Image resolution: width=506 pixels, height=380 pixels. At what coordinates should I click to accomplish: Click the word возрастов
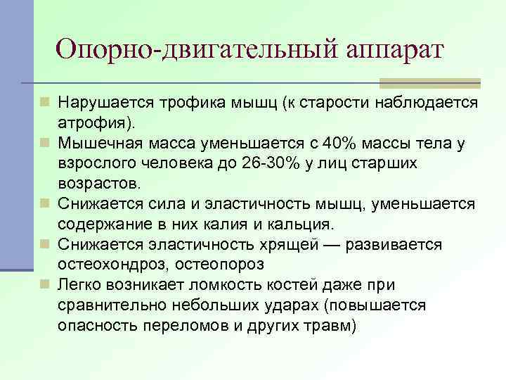click(97, 184)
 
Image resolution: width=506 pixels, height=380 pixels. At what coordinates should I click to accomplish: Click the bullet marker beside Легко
click(46, 284)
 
